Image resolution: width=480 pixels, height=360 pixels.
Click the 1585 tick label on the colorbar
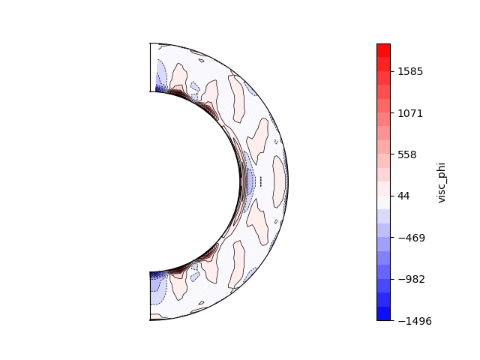tap(410, 72)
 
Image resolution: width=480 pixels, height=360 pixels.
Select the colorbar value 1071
tap(410, 113)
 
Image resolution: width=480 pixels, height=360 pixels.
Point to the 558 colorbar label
tap(407, 155)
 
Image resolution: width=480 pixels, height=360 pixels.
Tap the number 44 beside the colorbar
tap(403, 196)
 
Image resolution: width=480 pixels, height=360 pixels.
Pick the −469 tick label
tap(412, 238)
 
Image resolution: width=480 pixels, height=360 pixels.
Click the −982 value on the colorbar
tap(412, 279)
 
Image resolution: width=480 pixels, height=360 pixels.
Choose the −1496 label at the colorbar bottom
tap(415, 321)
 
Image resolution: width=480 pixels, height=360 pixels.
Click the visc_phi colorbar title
tap(441, 183)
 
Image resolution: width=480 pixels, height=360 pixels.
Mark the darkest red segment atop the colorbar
tap(383, 50)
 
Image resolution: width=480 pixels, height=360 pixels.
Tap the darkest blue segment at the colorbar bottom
tap(383, 313)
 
